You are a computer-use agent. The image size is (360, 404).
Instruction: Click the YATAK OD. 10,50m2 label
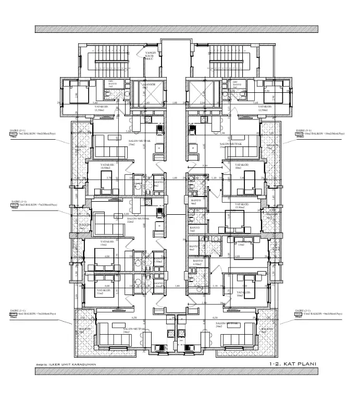[108, 167]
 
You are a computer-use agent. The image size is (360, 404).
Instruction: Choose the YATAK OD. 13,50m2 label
[243, 205]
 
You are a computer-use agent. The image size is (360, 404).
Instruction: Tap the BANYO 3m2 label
[194, 229]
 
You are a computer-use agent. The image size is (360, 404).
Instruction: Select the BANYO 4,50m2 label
[197, 262]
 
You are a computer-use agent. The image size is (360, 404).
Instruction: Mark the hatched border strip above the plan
[180, 29]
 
